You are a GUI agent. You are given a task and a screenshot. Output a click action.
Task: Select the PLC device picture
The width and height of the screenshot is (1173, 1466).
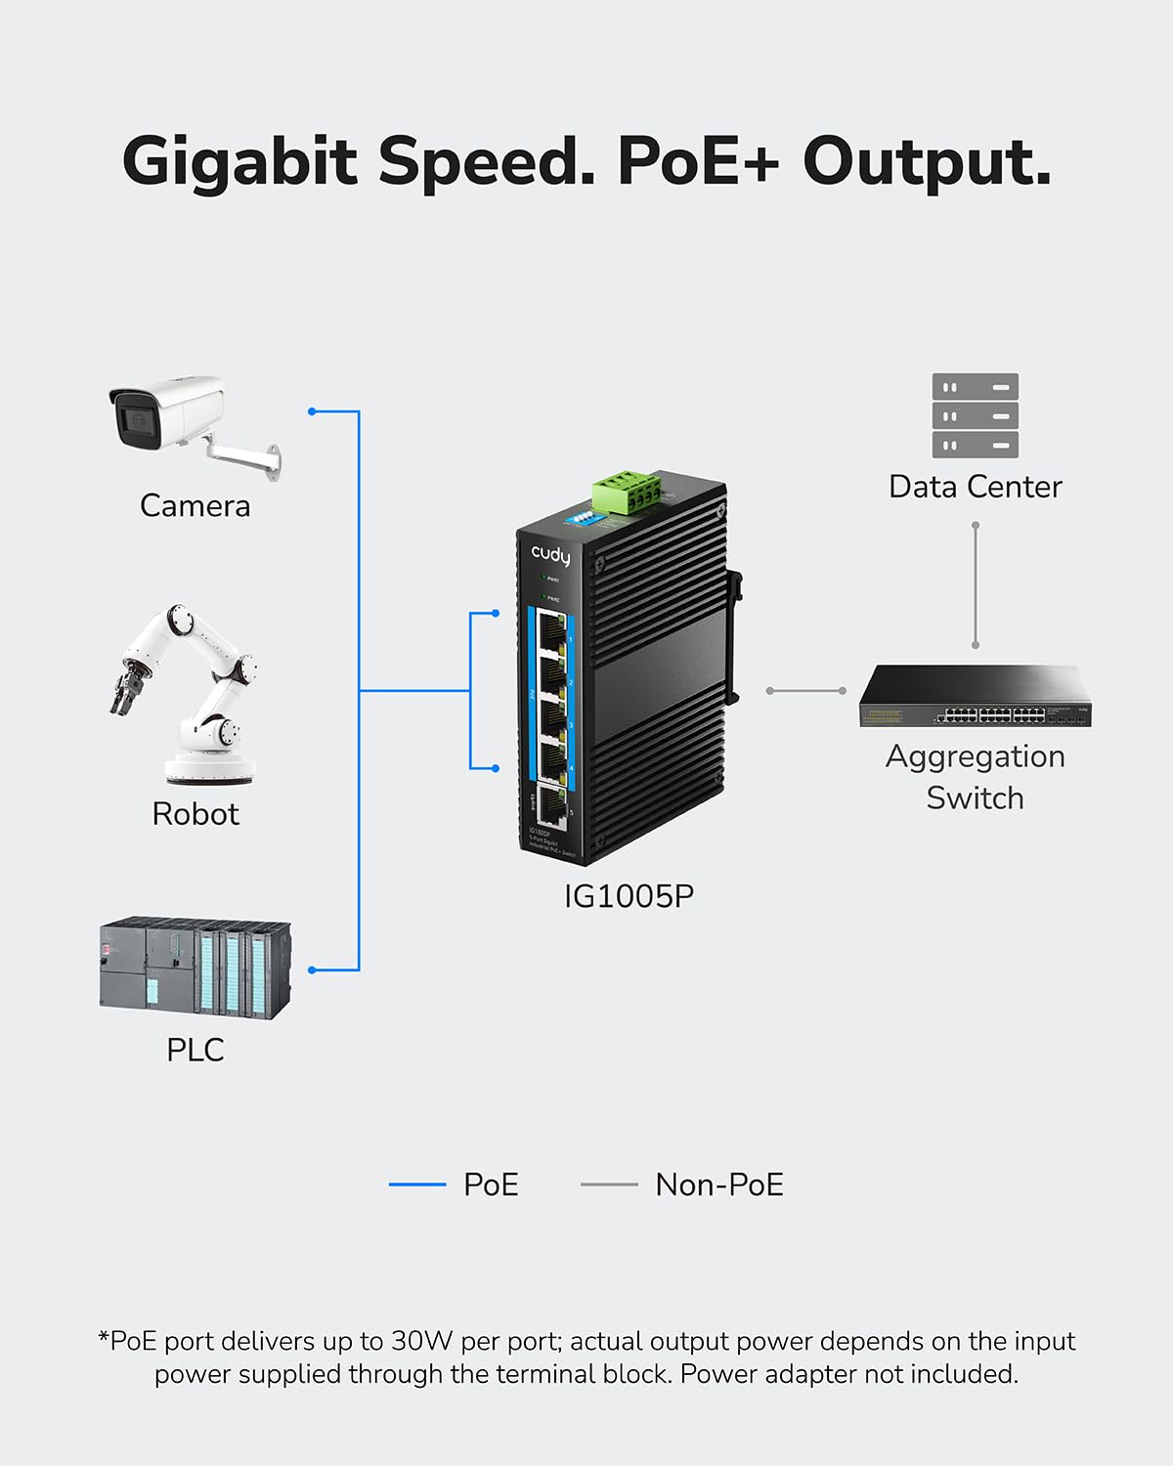tap(195, 968)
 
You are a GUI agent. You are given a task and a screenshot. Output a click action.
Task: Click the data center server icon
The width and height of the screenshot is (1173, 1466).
tap(975, 415)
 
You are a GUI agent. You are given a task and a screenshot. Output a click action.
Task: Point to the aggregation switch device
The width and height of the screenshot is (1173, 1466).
tap(975, 697)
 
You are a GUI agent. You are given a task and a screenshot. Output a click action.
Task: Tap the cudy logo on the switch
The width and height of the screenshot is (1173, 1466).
tap(550, 555)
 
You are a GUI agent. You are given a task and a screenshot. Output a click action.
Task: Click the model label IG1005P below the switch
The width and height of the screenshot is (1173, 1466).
tap(629, 896)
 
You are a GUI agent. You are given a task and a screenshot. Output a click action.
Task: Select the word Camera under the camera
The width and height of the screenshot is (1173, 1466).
tap(195, 505)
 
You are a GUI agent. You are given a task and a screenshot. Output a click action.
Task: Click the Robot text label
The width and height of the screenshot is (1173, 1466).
tap(195, 814)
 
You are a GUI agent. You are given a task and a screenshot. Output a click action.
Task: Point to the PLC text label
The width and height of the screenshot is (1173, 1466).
tap(195, 1050)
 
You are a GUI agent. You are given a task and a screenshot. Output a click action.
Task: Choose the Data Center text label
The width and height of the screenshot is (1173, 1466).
tap(975, 487)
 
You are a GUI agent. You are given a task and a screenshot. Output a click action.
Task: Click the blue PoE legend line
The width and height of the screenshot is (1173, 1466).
tap(417, 1185)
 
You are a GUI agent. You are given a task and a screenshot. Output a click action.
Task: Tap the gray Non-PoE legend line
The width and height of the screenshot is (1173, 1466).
tap(609, 1185)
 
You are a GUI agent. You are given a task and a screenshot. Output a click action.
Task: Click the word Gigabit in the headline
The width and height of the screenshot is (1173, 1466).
tap(239, 160)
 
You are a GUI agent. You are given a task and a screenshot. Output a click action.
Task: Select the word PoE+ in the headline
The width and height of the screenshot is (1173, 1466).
tap(698, 160)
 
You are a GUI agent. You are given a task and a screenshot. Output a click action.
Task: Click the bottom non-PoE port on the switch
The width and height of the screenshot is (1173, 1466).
tap(551, 806)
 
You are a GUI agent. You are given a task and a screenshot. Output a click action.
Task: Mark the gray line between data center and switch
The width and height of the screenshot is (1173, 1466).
tap(975, 586)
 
